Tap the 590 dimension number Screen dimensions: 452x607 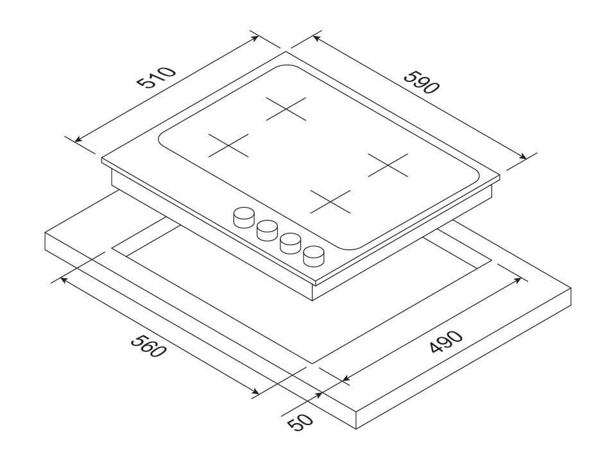coord(421,79)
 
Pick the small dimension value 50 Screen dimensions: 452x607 coord(299,423)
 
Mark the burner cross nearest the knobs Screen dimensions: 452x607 coord(331,202)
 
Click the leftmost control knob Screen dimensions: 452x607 coord(243,218)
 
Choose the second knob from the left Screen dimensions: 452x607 coord(267,229)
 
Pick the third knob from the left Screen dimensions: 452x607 coord(290,242)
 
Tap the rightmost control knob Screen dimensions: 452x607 coord(314,255)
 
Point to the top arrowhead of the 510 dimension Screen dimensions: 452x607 coord(256,37)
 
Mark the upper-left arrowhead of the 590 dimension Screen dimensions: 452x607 coord(315,38)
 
